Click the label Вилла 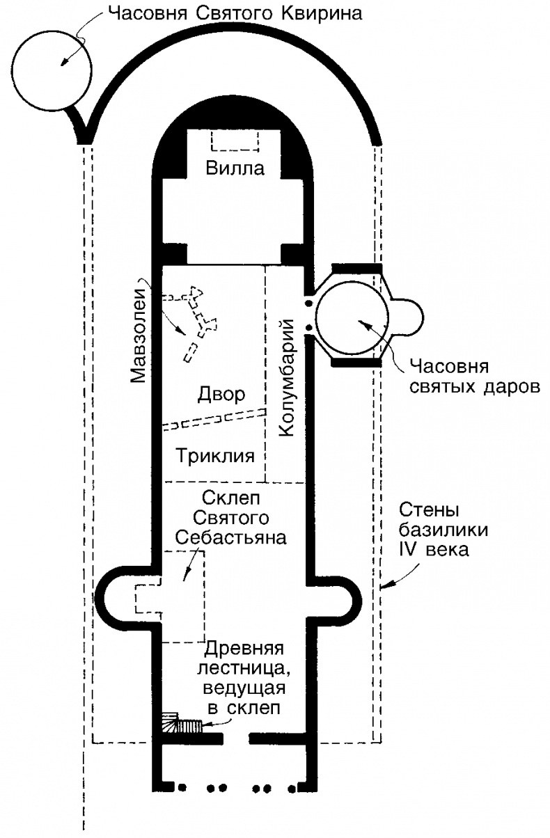(x=234, y=168)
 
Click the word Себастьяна (x=221, y=537)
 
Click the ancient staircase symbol (x=182, y=725)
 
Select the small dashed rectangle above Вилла (x=234, y=142)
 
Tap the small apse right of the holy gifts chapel (x=409, y=317)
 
